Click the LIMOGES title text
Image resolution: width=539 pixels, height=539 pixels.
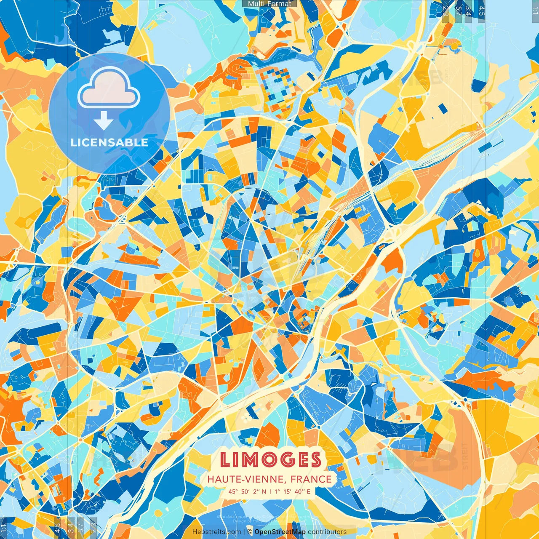coord(270,460)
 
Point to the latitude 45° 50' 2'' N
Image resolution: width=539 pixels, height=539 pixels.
coord(248,491)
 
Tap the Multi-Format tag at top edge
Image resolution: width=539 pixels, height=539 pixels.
coord(269,4)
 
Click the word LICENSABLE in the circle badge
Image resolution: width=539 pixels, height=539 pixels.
coord(109,142)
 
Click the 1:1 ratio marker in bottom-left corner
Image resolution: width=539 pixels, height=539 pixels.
coord(4,528)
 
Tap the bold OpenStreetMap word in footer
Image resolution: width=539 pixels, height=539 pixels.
coord(280,532)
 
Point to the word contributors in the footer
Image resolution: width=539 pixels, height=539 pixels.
coord(327,532)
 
